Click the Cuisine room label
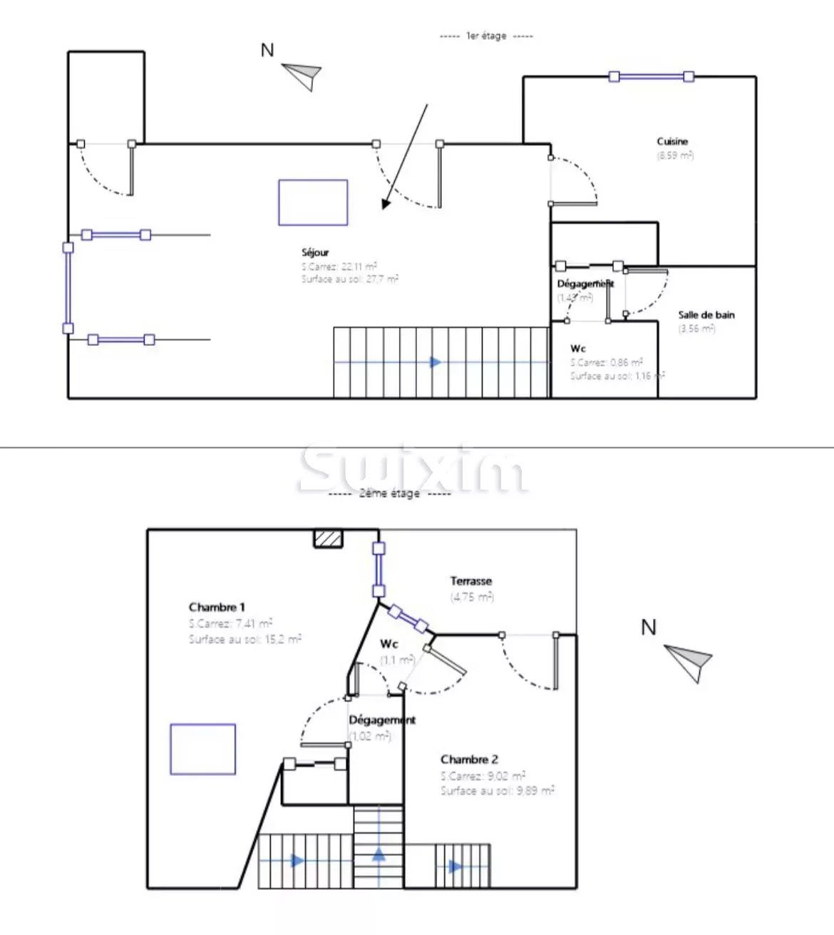click(672, 141)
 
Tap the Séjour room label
click(315, 252)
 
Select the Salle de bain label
click(706, 315)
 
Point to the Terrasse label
click(470, 581)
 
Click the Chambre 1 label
click(217, 607)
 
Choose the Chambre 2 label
click(469, 760)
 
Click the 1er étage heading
click(486, 36)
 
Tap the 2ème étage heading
click(389, 493)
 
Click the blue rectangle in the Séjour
click(313, 203)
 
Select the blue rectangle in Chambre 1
click(202, 749)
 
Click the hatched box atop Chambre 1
click(329, 538)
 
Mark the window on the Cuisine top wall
click(651, 76)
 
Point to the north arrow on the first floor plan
click(302, 74)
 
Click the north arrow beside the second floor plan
click(689, 660)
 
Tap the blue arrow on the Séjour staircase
click(436, 362)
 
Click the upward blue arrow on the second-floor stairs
click(379, 853)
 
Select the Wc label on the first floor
click(578, 348)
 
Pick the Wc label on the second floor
click(388, 644)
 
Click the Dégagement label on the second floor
click(381, 720)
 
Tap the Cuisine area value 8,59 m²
click(674, 155)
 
